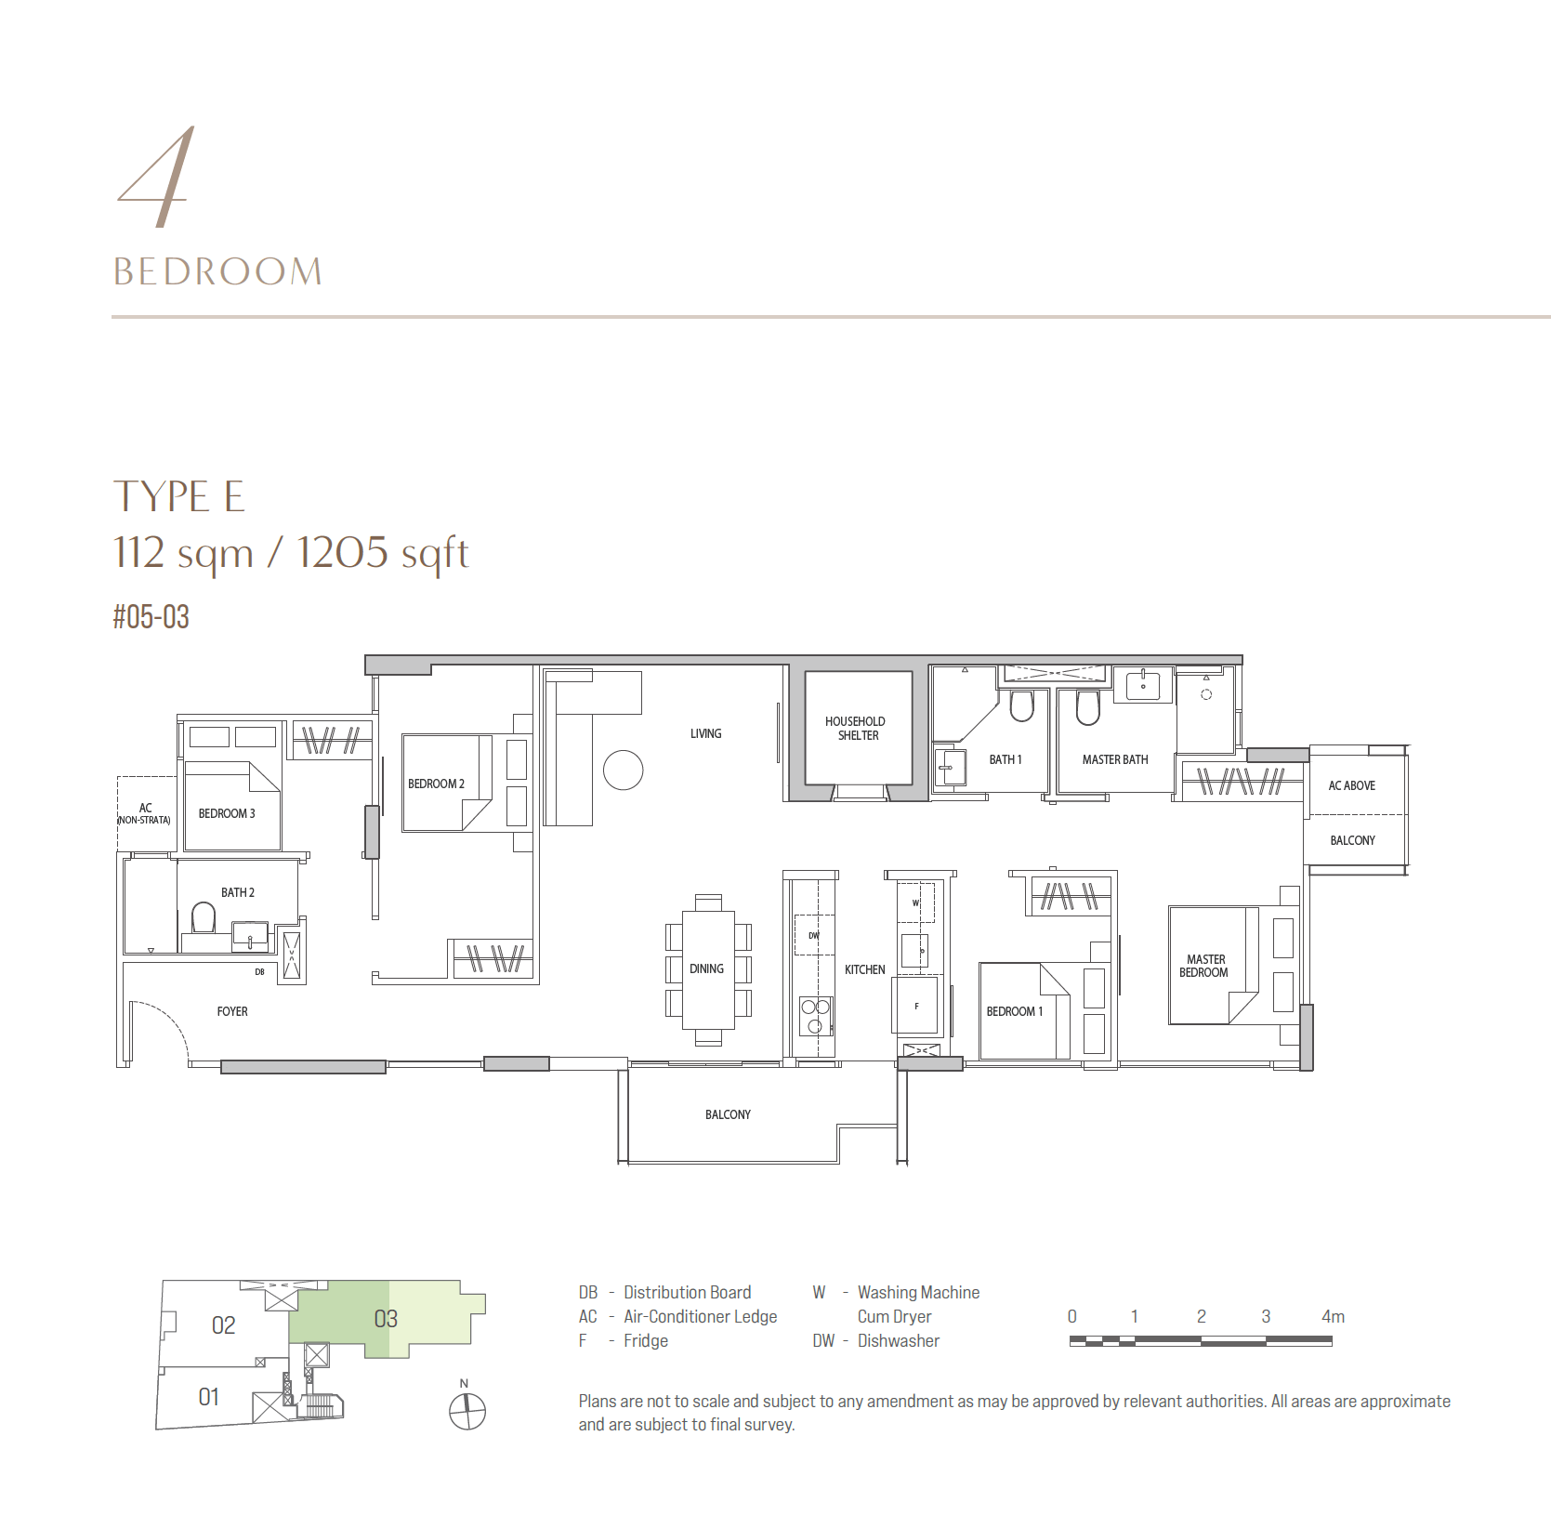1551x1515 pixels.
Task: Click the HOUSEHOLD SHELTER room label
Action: pos(856,728)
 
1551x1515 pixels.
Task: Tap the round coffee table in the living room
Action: pos(623,770)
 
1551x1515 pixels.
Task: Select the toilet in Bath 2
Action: pos(203,918)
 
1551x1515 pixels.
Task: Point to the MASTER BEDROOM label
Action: pos(1204,966)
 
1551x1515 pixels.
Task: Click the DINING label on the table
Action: pos(706,968)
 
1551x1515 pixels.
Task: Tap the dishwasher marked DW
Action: pos(814,935)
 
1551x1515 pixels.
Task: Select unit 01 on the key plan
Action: pos(209,1397)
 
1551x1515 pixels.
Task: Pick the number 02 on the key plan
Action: pos(224,1325)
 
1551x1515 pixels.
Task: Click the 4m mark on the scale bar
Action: pos(1333,1316)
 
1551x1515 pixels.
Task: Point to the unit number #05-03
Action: pos(151,616)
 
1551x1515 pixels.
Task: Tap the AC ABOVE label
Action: pos(1351,785)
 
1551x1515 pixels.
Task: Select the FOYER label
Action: pos(232,1011)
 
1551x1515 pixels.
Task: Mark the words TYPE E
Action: pos(178,496)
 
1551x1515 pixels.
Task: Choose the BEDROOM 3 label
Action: pos(227,813)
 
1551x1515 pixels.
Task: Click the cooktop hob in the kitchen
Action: pos(816,1016)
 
